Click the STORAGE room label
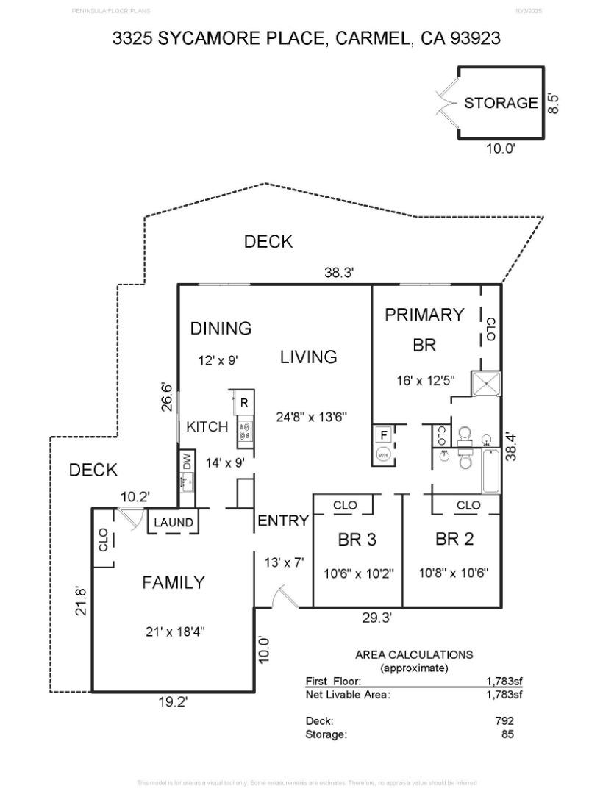click(501, 103)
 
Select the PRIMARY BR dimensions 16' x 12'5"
click(425, 380)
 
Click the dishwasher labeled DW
click(187, 464)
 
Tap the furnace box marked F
click(383, 434)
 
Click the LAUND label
click(174, 523)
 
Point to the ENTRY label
click(283, 521)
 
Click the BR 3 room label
click(357, 540)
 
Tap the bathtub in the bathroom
click(490, 473)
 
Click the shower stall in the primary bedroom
click(485, 383)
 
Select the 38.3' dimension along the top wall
click(340, 273)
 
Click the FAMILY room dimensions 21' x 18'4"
click(174, 632)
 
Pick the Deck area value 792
click(504, 721)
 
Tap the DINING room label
click(221, 329)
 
